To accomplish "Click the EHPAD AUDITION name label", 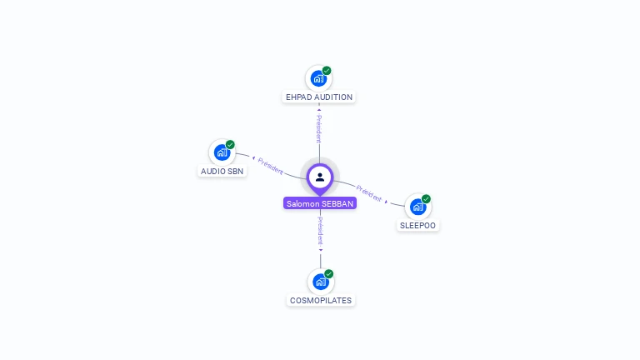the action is pos(319,97).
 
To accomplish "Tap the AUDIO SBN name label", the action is pos(222,172).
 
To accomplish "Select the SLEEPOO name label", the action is pos(417,226).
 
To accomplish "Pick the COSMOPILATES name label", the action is pos(320,300).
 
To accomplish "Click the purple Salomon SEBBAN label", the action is pos(320,203).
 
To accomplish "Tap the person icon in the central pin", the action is pos(320,177).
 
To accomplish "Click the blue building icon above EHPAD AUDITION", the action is pos(318,78).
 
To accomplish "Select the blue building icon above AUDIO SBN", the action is pos(222,152).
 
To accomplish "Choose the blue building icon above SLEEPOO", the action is pos(418,207).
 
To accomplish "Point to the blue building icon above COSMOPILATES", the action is pos(320,282).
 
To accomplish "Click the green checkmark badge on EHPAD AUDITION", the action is pos(327,71).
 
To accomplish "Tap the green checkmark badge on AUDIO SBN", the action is pos(230,144).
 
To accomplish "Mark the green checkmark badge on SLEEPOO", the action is pos(426,199).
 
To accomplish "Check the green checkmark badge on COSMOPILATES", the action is pos(329,274).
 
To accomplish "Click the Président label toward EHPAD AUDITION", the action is pos(319,128).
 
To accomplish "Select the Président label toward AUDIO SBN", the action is pos(270,166).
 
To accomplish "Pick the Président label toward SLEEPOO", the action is pos(368,193).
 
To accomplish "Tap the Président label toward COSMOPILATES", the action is pos(320,231).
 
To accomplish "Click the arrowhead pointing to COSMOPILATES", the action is pos(321,250).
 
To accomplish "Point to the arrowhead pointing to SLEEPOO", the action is pos(386,202).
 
